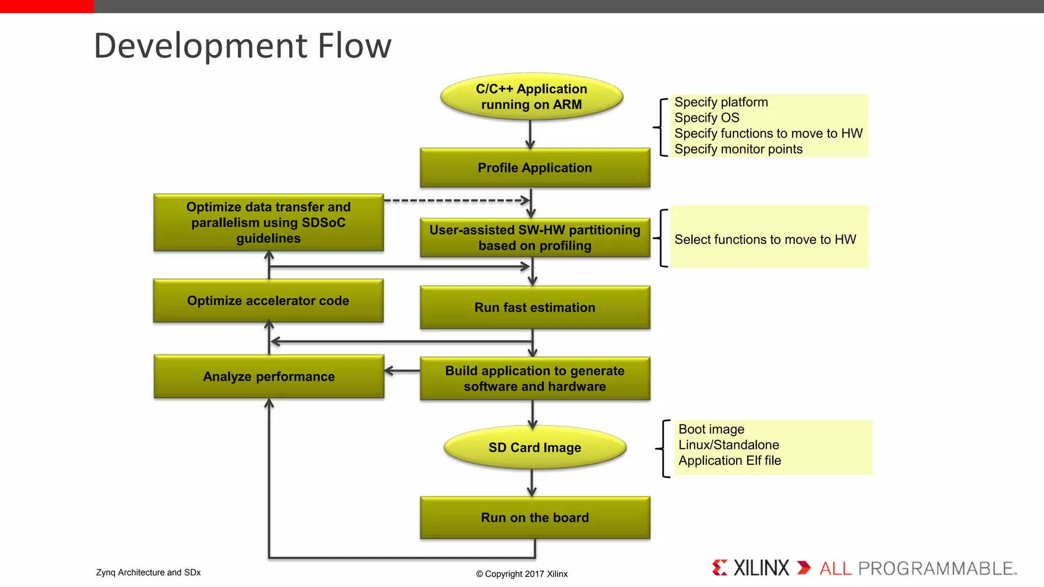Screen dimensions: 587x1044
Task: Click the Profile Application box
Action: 535,168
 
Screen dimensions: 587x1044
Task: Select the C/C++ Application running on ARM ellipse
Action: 531,96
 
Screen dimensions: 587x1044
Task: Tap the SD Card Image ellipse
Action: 535,447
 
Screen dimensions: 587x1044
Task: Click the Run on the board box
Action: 535,518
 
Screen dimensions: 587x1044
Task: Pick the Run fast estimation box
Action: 535,307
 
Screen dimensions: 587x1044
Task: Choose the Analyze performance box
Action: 269,377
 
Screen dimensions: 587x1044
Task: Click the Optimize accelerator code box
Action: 268,301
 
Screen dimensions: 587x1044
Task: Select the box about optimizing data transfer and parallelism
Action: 268,222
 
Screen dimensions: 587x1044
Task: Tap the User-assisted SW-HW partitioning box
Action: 535,237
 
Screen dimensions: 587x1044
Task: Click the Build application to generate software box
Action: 535,379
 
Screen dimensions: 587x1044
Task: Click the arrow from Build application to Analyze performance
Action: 402,371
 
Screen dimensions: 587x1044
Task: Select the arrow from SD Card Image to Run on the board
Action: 532,482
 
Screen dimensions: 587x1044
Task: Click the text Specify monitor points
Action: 738,149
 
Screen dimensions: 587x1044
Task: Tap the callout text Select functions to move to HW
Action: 765,239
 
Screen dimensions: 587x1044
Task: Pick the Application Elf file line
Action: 729,461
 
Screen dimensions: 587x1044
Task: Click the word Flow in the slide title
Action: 354,46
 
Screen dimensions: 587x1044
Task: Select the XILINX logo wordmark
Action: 761,568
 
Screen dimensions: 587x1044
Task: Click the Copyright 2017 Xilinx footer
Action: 521,574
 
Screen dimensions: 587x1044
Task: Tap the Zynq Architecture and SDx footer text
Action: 148,572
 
